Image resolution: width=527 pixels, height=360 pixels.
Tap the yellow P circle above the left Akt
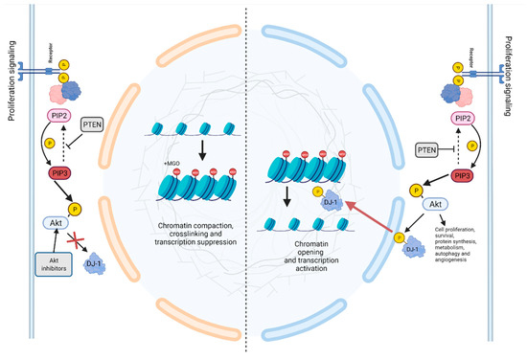(70, 202)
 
